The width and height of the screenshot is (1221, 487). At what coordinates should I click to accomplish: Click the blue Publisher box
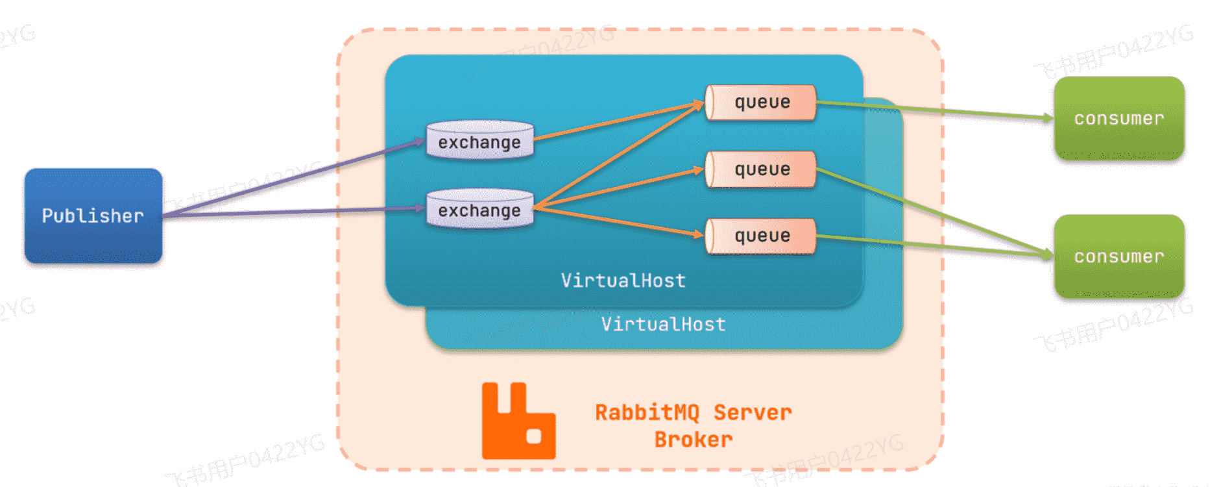point(93,216)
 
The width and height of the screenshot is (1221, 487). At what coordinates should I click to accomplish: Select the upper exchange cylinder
point(479,140)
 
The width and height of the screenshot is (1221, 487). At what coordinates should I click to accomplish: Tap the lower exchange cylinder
point(479,208)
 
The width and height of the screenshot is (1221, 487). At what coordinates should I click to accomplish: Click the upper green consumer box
point(1119,118)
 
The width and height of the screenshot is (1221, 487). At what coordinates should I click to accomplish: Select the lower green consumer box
point(1119,256)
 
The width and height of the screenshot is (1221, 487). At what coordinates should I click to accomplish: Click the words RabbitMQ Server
point(693,412)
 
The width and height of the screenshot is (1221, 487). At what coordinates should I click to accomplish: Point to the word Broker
point(693,440)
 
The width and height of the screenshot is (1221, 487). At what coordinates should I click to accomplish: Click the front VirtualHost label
point(623,281)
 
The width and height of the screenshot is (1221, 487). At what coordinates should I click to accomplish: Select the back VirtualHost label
point(663,324)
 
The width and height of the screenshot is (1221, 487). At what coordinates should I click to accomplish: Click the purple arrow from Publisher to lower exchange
point(292,212)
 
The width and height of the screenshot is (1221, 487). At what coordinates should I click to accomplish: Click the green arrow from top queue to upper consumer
point(934,110)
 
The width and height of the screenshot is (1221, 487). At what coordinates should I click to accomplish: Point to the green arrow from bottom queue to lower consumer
point(934,245)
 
